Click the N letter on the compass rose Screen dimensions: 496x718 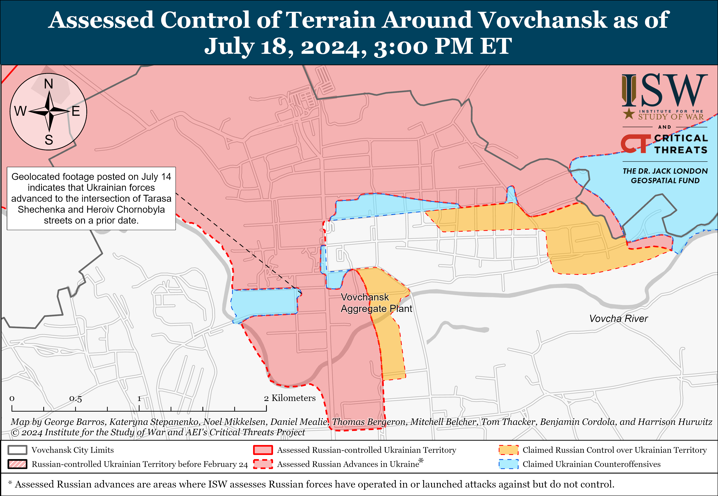(48, 84)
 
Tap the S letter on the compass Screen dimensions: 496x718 (49, 140)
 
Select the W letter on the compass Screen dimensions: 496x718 (21, 111)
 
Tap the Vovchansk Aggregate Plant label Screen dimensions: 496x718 (376, 303)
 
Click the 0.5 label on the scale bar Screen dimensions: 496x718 (76, 399)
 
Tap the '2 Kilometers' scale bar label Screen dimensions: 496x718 (290, 398)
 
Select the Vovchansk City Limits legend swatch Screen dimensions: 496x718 (17, 450)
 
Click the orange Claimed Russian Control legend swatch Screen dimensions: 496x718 (508, 450)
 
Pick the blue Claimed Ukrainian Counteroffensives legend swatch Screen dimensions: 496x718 (508, 464)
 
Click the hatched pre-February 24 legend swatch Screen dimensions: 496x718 (17, 464)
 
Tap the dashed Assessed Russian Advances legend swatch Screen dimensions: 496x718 (263, 464)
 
